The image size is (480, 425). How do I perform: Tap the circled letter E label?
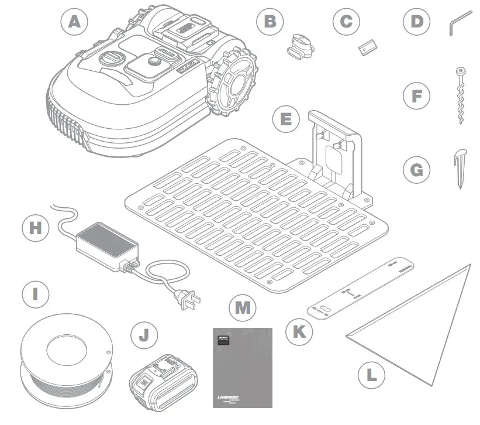point(286,119)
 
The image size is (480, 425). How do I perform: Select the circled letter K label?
point(299,331)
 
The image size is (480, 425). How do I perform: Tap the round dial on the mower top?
point(111,60)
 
